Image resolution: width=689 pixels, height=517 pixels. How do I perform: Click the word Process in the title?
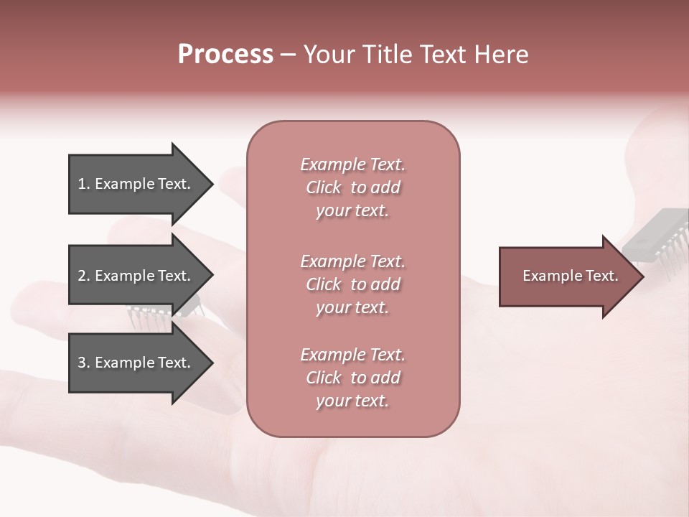coord(225,55)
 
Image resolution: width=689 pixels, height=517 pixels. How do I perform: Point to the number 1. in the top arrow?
coord(84,184)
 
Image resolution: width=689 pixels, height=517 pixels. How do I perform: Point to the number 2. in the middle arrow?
coord(84,276)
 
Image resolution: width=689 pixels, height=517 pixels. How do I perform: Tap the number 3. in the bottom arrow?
coord(84,363)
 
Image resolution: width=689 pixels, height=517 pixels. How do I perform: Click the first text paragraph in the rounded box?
coord(352,187)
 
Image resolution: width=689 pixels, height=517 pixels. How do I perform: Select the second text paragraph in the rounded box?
coord(352,284)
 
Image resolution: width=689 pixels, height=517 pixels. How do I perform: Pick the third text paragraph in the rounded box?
coord(352,378)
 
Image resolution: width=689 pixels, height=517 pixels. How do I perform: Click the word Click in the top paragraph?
coord(324,187)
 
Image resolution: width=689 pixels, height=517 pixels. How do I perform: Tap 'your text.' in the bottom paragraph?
coord(352,401)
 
